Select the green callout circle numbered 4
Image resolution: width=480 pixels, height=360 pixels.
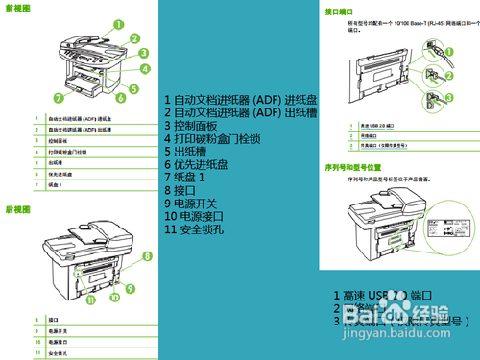click(x=145, y=69)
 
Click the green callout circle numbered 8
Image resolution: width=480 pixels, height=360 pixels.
click(x=147, y=255)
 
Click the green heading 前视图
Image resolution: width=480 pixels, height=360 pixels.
click(x=17, y=8)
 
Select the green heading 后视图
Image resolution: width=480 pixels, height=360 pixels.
click(x=17, y=208)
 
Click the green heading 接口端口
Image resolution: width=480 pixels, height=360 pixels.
click(x=338, y=12)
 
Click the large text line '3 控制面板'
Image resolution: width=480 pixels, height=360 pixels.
click(x=191, y=125)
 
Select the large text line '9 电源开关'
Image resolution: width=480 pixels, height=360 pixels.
click(x=196, y=204)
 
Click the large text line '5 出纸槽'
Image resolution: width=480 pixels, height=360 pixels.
click(x=184, y=151)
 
